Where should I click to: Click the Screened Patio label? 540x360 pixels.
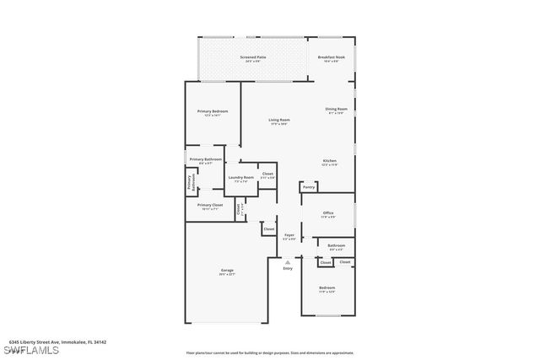point(252,57)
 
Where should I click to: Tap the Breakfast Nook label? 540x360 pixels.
point(331,57)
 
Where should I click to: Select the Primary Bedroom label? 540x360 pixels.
point(213,112)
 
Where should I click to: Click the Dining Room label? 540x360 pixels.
point(337,110)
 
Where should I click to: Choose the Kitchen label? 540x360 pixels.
point(330,161)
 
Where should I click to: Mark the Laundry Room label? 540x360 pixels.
point(240,178)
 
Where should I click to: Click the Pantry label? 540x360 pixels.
point(308,187)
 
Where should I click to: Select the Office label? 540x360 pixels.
point(327,213)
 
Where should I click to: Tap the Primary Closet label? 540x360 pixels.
point(210,206)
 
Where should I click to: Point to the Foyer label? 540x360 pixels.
point(289,235)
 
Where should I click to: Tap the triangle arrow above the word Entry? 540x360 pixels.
point(288,261)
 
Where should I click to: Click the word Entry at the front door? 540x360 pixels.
point(288,268)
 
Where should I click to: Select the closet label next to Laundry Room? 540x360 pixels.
point(267,175)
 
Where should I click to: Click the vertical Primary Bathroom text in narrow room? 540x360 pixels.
point(191,182)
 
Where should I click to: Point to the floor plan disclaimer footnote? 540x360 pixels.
point(269,353)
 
